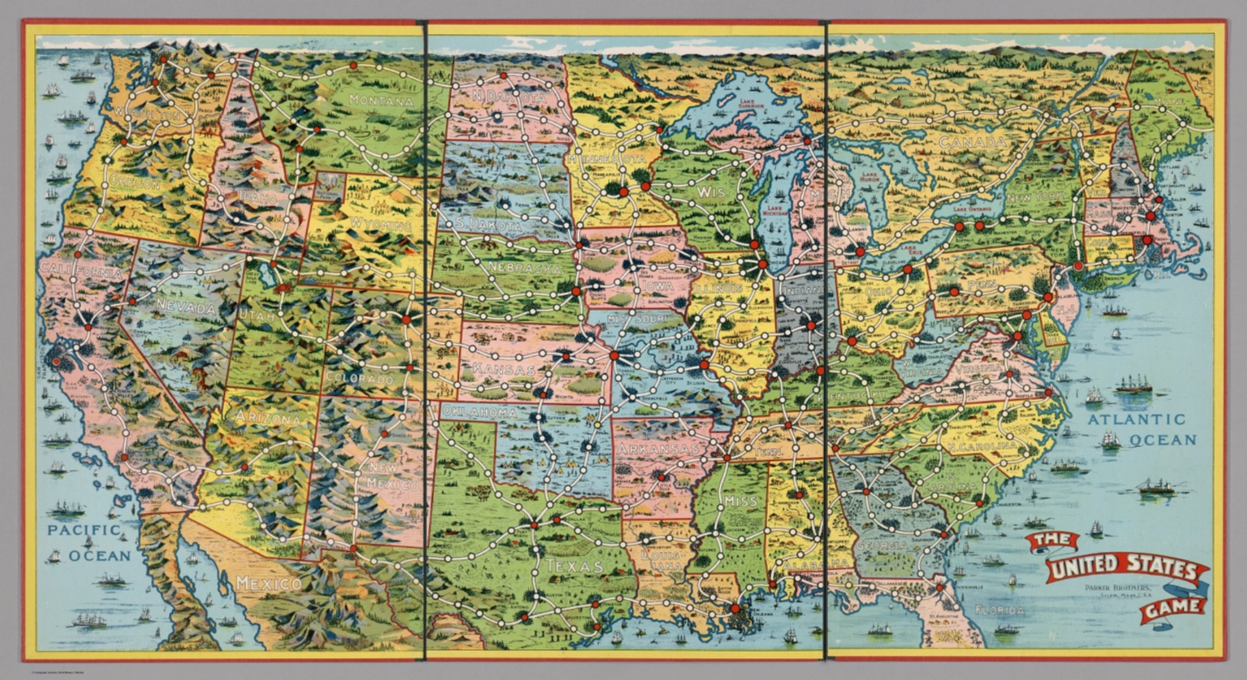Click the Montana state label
(x=381, y=101)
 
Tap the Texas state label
(x=574, y=566)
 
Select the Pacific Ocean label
(x=88, y=542)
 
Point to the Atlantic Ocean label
(x=1141, y=429)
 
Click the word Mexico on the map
(x=268, y=583)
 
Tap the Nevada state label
(x=186, y=308)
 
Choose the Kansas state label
(x=503, y=370)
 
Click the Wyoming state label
(x=380, y=223)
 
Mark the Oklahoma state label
(x=479, y=412)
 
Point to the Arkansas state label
(x=657, y=449)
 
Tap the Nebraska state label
(x=525, y=268)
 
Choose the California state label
(x=81, y=271)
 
